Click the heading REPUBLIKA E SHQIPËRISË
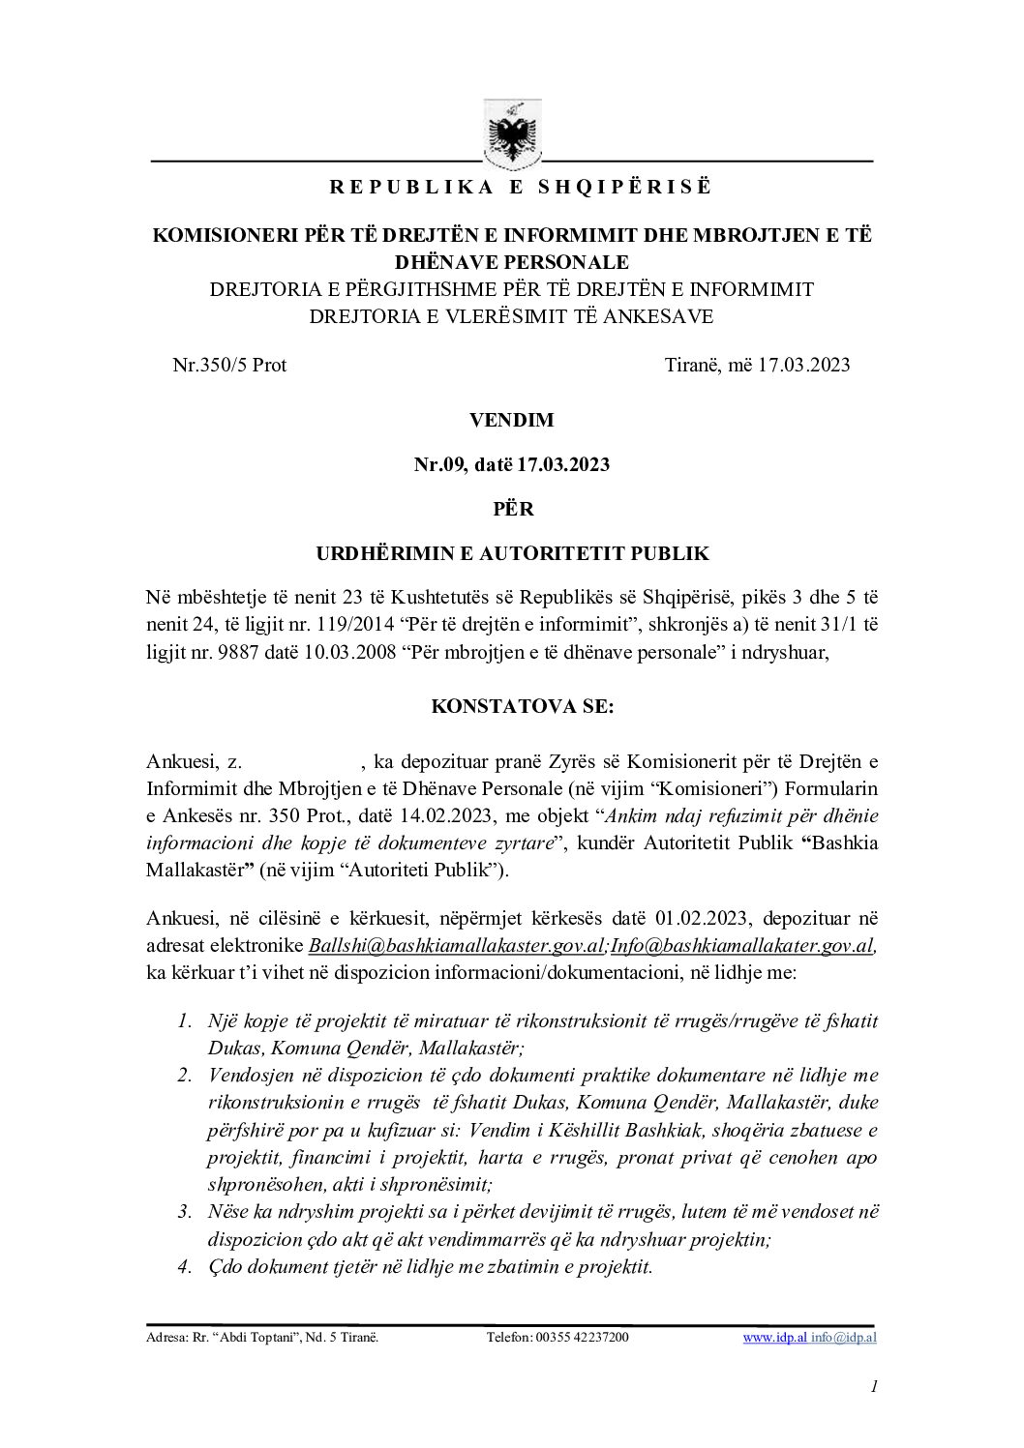[512, 188]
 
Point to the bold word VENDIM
[511, 421]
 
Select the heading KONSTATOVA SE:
[522, 706]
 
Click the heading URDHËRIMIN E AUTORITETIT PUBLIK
[512, 554]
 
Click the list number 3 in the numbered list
[184, 1212]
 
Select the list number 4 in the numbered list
[184, 1267]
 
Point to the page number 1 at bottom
[874, 1388]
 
